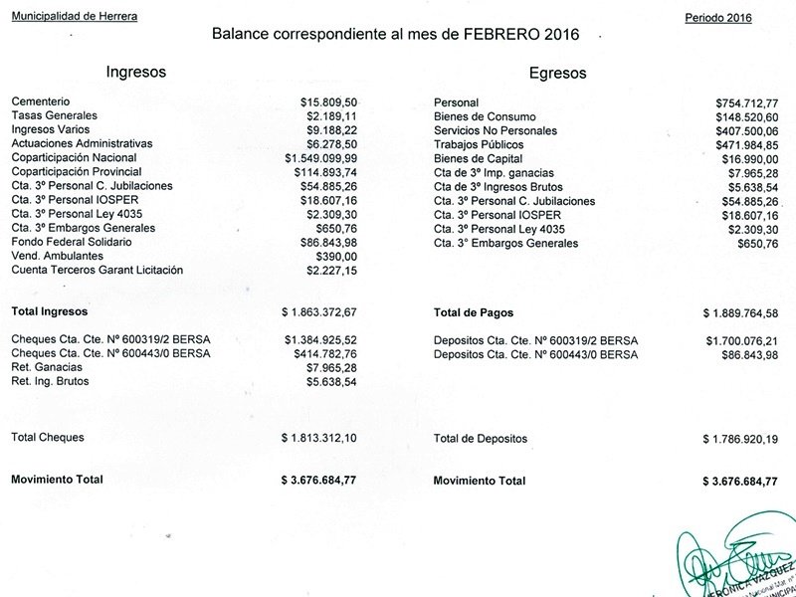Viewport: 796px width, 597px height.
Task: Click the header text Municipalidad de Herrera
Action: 75,18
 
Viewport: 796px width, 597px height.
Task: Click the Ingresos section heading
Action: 135,72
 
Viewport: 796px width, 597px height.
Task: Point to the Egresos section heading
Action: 558,73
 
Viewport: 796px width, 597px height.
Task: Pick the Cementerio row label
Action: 41,101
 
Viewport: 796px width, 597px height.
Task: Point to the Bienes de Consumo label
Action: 485,116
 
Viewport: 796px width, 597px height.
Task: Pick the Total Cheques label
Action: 48,437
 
